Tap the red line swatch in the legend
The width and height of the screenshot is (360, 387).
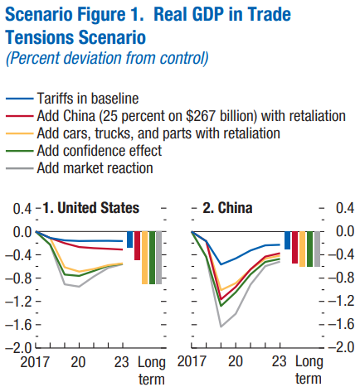coord(19,114)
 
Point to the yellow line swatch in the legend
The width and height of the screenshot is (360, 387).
coord(19,132)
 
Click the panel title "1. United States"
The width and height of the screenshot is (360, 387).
coord(92,207)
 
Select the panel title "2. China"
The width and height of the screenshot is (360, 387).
coord(228,207)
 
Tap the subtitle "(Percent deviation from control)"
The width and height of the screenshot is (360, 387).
coord(105,59)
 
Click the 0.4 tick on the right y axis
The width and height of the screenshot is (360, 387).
coord(343,207)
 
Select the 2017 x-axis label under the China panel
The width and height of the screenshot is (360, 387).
coord(192,362)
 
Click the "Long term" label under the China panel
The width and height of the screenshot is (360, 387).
coord(309,370)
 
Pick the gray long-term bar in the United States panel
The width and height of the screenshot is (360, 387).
coord(158,258)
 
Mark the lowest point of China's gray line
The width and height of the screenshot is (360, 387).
coord(221,327)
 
